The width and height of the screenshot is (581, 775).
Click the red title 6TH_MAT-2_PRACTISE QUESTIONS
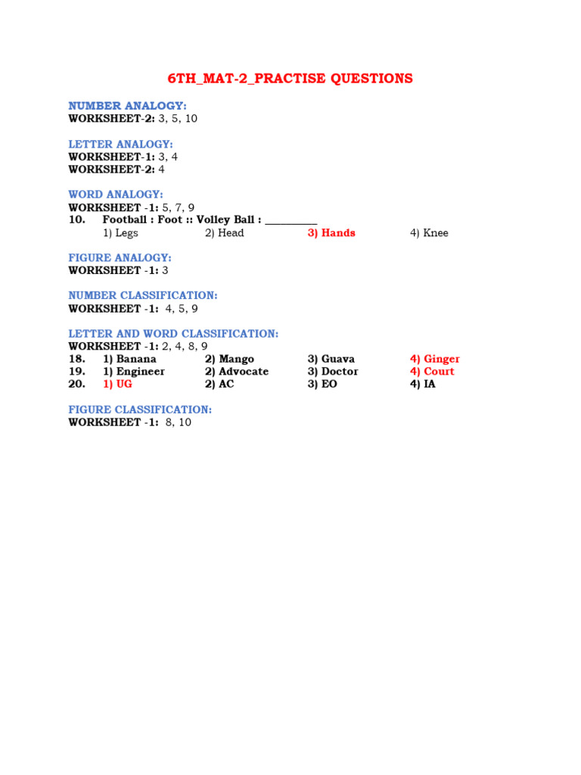[290, 79]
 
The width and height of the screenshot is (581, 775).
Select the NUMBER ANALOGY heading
[127, 106]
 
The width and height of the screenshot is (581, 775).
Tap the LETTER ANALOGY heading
[120, 145]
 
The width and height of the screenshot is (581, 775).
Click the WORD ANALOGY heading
[116, 195]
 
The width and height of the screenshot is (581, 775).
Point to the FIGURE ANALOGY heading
[120, 257]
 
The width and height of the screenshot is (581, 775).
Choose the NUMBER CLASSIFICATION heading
[143, 295]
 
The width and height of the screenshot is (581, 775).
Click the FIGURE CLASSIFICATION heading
[140, 409]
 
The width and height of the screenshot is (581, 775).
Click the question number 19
[76, 371]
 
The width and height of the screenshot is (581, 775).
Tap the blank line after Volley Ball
[291, 223]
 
